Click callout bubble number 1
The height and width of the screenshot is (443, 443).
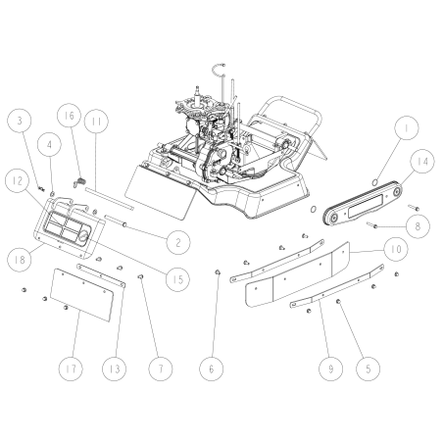tap(407, 127)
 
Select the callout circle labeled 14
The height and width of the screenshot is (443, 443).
tap(421, 161)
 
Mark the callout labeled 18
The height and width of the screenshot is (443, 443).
tap(17, 260)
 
